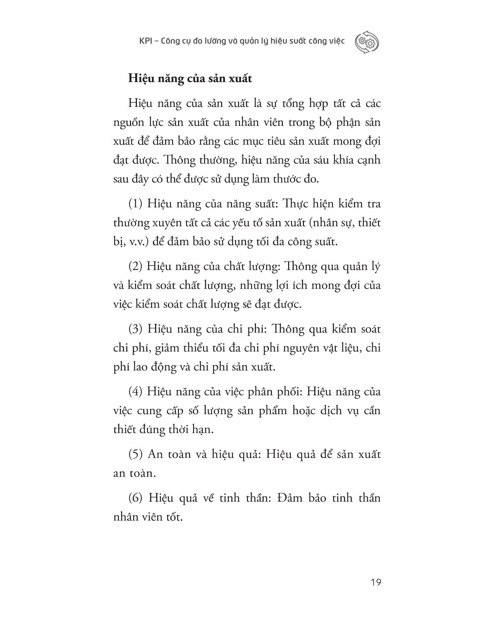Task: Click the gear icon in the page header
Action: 367,42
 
